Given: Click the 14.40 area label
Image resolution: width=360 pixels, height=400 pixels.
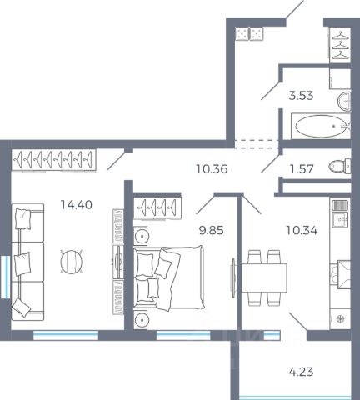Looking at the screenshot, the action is [x=77, y=205].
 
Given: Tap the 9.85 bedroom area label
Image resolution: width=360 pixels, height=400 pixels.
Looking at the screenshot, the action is [x=212, y=231].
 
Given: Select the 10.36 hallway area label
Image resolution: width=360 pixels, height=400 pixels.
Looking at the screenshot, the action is [x=212, y=169].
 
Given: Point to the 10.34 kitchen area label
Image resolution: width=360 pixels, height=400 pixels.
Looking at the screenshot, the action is [x=302, y=231].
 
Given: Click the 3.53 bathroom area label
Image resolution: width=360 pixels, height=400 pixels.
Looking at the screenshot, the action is [x=301, y=96].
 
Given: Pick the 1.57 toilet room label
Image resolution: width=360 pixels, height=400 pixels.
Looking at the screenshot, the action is [x=302, y=169].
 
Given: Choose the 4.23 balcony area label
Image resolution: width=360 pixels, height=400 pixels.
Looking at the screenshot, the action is [x=301, y=372].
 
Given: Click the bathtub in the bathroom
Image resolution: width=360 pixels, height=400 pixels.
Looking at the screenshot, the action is [x=321, y=127].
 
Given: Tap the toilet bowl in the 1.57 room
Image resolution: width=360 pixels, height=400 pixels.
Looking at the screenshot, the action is [x=339, y=167].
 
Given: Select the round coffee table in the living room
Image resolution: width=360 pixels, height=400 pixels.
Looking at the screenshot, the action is [x=72, y=262].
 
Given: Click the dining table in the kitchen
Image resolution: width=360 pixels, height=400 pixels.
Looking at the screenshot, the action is [x=264, y=277].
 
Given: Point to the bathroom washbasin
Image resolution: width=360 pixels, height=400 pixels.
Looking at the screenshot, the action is [x=344, y=101].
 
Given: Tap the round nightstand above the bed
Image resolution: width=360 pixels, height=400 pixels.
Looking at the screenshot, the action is [x=141, y=236].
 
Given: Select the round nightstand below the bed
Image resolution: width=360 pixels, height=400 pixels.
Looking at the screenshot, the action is [x=141, y=320].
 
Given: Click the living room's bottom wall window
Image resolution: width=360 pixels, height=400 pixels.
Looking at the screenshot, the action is [x=66, y=335].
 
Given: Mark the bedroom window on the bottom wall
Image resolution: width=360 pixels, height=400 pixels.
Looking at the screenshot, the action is [x=183, y=335].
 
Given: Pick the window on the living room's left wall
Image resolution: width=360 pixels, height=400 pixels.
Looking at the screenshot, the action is [x=5, y=277].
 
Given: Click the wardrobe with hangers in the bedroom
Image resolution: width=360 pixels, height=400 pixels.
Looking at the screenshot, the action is [x=157, y=207].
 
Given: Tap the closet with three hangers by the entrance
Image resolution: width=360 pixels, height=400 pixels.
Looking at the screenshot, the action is [x=340, y=44].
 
